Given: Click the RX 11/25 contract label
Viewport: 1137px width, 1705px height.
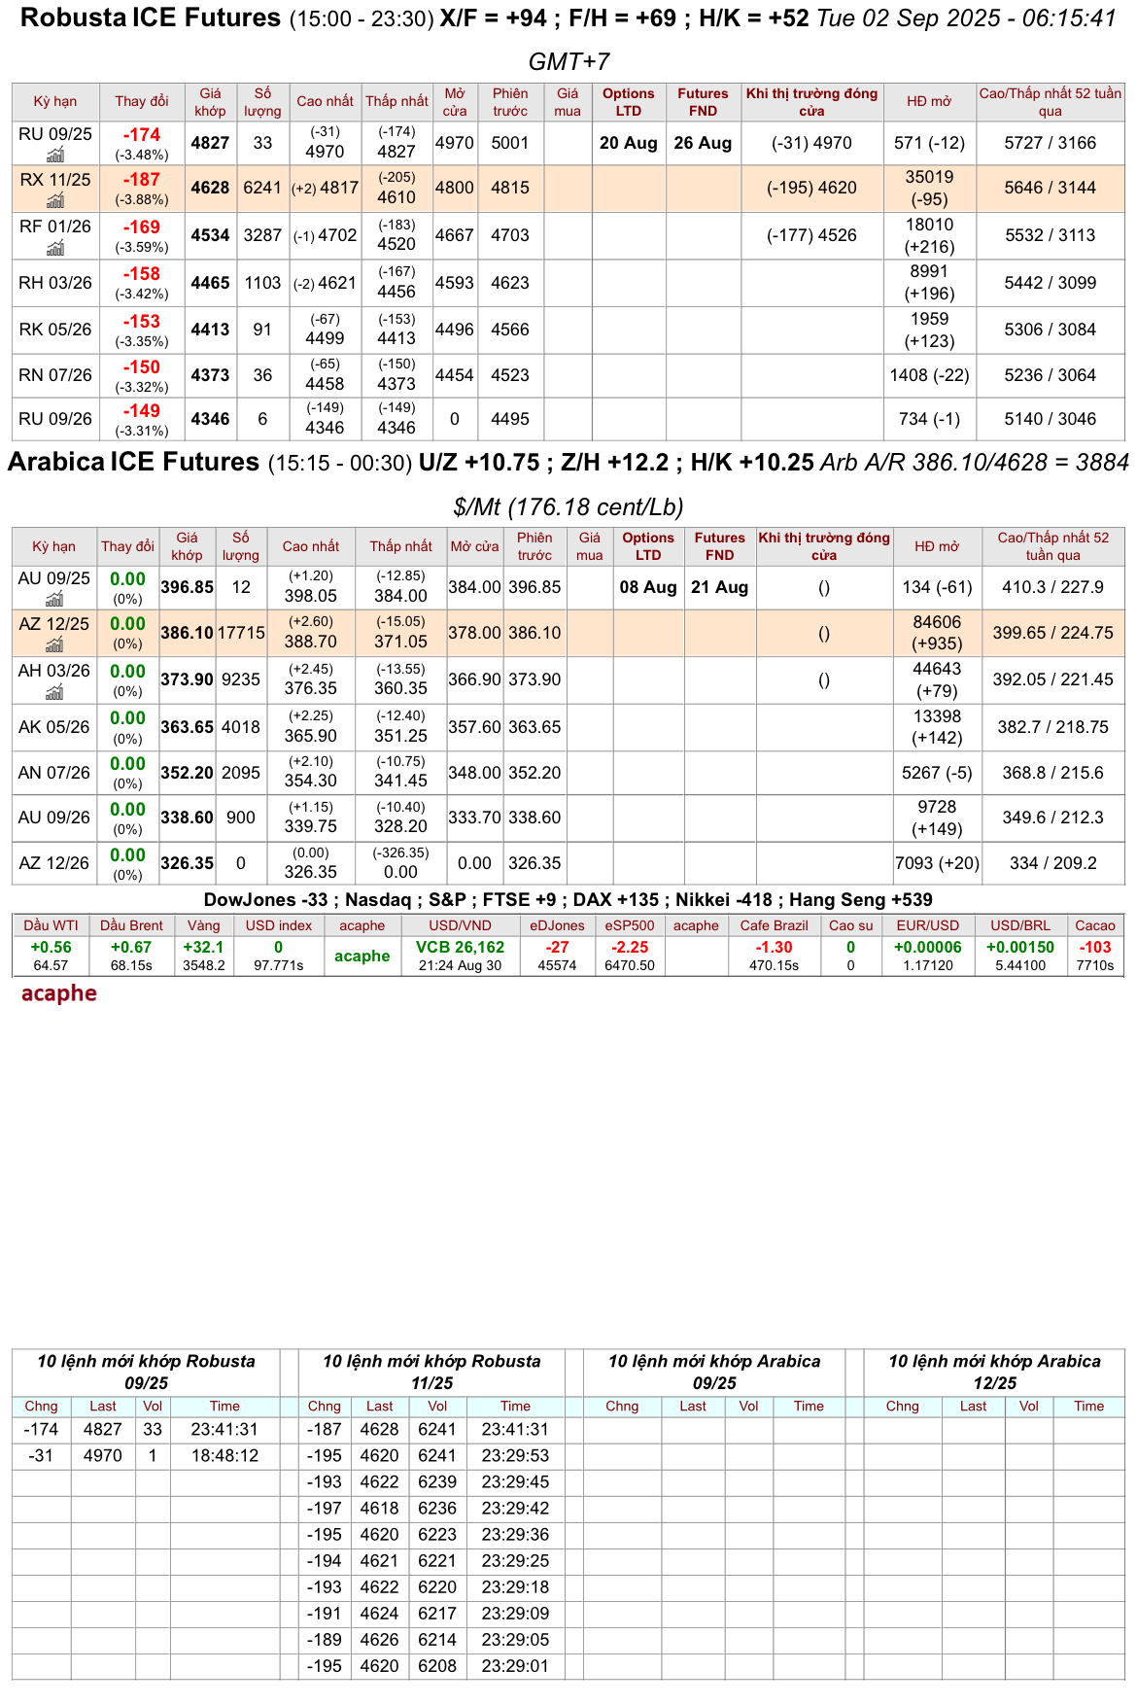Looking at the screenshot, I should click(55, 180).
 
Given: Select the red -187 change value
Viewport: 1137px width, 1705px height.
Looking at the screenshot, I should click(142, 180).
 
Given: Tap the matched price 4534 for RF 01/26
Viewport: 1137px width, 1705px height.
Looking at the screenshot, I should click(210, 235).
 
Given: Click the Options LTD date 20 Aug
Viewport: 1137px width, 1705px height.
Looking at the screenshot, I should click(628, 143).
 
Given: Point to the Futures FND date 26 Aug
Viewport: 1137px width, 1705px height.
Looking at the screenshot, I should click(703, 143).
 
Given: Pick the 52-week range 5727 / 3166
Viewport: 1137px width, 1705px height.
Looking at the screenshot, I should click(1050, 143).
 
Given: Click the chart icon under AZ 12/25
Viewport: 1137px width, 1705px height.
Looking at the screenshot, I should click(55, 644).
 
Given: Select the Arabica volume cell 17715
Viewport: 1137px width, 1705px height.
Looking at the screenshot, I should click(241, 633).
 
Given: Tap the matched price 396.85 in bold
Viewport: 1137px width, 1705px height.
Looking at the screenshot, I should click(187, 587).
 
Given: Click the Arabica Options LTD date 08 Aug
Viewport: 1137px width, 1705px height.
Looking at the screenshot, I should click(647, 587).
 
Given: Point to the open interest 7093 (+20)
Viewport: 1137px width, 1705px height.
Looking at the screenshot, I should click(937, 863).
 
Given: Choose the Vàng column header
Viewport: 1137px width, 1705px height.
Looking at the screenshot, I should click(204, 925).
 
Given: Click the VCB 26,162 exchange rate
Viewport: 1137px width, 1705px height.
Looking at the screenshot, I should click(460, 947).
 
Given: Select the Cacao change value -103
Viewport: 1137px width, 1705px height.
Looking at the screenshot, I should click(1094, 947).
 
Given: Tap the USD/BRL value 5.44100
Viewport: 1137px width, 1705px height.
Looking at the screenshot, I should click(1019, 965).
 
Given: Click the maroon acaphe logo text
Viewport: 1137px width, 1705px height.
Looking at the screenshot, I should click(59, 993).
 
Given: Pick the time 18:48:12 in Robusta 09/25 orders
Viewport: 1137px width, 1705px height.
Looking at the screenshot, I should click(224, 1455).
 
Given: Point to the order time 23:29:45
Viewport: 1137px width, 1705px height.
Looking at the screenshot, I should click(515, 1481).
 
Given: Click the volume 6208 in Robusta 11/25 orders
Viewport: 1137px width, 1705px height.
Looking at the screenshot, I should click(437, 1665).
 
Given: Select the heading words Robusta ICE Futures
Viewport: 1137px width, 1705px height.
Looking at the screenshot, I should click(151, 18).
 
